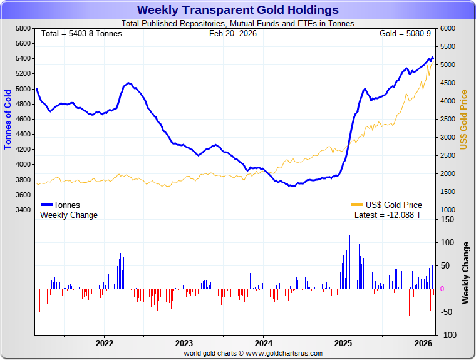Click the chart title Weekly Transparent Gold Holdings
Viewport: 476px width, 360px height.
pos(237,10)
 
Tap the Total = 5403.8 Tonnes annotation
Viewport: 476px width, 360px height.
pos(81,33)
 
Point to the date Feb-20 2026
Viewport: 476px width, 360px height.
pos(232,33)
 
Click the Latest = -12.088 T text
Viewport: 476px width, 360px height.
pos(388,215)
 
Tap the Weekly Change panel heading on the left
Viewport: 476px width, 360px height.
pos(69,215)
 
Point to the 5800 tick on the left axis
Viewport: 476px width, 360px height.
pos(23,29)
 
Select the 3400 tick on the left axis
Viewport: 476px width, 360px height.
pos(23,210)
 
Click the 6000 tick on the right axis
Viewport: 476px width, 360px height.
pos(447,29)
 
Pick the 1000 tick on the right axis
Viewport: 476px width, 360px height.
pos(447,210)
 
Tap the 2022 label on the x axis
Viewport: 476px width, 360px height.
pos(104,343)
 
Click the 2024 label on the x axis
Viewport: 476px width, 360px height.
pos(263,343)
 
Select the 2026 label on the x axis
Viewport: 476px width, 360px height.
pos(423,343)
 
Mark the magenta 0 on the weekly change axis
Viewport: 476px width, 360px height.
pos(442,289)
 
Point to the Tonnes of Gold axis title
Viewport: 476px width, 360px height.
pos(8,119)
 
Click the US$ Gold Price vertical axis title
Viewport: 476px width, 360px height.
pos(464,119)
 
